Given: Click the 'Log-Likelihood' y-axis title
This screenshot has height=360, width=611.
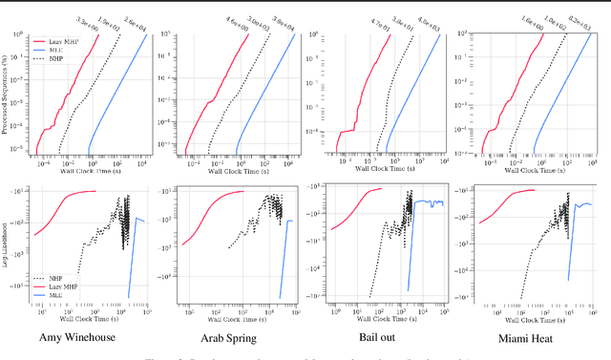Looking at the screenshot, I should [8, 248].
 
